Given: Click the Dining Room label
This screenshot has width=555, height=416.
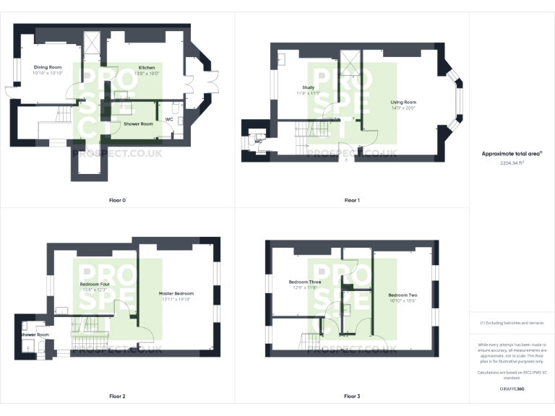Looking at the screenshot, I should pyautogui.click(x=48, y=67).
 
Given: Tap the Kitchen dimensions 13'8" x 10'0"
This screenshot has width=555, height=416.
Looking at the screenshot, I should pyautogui.click(x=142, y=74).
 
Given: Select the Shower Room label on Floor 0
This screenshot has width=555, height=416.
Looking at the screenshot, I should pyautogui.click(x=138, y=124).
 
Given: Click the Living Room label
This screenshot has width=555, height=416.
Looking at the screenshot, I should pyautogui.click(x=404, y=102).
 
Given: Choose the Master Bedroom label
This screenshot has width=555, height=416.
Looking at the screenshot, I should pyautogui.click(x=176, y=293).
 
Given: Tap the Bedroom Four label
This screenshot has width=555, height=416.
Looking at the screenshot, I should pyautogui.click(x=94, y=284).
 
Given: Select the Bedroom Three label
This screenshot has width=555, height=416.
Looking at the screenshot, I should pyautogui.click(x=304, y=282).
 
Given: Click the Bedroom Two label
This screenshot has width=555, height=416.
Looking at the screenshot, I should pyautogui.click(x=402, y=295).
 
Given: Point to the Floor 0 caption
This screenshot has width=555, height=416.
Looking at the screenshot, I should pyautogui.click(x=117, y=199).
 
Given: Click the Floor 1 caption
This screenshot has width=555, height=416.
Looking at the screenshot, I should pyautogui.click(x=351, y=199).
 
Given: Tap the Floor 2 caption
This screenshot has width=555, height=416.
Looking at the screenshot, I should pyautogui.click(x=117, y=396).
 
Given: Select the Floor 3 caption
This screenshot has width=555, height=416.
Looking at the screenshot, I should pyautogui.click(x=351, y=396).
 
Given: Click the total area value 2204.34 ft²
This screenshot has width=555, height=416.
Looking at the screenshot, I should pyautogui.click(x=512, y=163).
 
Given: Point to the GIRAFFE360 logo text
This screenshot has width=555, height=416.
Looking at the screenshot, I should pyautogui.click(x=512, y=389).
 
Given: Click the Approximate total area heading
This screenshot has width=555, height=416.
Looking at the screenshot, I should pyautogui.click(x=512, y=154).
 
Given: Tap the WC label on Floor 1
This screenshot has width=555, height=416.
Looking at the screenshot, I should pyautogui.click(x=257, y=142).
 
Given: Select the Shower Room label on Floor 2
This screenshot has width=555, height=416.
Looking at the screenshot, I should pyautogui.click(x=35, y=335).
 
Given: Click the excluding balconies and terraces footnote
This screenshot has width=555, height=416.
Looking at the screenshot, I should pyautogui.click(x=512, y=323).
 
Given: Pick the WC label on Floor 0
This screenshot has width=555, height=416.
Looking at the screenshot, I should pyautogui.click(x=169, y=118).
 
